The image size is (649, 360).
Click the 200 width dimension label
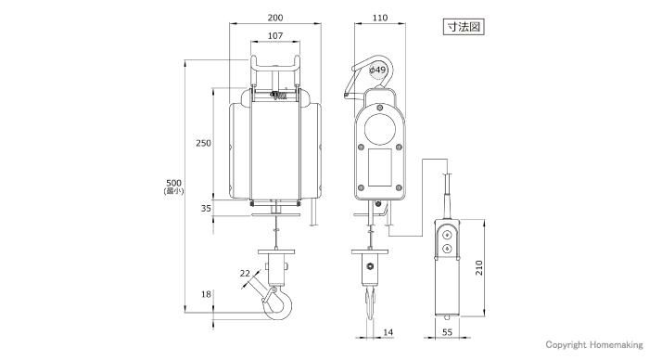tap(275, 18)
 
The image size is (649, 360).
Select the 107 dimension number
tap(275, 35)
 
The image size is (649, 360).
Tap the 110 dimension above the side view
tap(380, 18)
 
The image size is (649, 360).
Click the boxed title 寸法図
tap(464, 27)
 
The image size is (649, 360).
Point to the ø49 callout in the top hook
tap(377, 70)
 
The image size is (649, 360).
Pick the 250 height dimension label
tap(203, 143)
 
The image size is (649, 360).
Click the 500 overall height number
tap(174, 183)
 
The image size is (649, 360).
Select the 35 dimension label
tap(206, 209)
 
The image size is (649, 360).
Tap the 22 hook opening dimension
tap(245, 273)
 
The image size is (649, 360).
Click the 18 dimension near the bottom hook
tap(206, 294)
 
